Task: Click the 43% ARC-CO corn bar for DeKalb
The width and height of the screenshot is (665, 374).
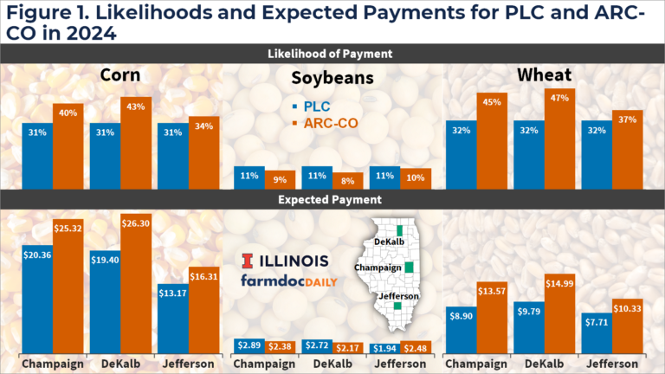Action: (x=136, y=143)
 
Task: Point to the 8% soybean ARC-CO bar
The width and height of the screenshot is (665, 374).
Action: (x=348, y=181)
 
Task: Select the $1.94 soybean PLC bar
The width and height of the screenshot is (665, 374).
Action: (x=384, y=346)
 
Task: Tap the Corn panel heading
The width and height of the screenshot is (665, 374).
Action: (x=121, y=75)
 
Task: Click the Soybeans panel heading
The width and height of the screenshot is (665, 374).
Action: (x=332, y=79)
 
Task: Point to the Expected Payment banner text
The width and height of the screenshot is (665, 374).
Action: (x=332, y=199)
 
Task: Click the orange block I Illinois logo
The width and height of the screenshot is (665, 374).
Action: (x=248, y=261)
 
